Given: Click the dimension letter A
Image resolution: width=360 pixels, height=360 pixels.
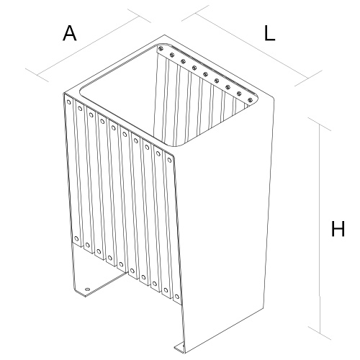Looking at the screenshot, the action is pyautogui.click(x=70, y=33).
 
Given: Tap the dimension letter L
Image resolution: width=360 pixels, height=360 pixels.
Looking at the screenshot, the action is pyautogui.click(x=269, y=33).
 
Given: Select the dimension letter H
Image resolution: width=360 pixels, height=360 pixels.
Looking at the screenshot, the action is pyautogui.click(x=338, y=229).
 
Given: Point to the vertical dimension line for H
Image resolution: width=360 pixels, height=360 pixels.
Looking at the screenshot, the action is pyautogui.click(x=320, y=229).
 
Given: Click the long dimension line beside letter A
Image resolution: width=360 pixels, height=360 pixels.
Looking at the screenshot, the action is pyautogui.click(x=89, y=45).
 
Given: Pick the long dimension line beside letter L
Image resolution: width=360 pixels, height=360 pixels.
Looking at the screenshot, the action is pyautogui.click(x=252, y=45).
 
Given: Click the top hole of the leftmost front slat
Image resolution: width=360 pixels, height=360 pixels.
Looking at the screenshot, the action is pyautogui.click(x=69, y=102).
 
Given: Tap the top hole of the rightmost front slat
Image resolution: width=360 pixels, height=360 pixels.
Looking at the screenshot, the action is pyautogui.click(x=169, y=160).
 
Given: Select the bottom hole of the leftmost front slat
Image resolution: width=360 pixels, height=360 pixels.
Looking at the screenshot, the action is pyautogui.click(x=76, y=238).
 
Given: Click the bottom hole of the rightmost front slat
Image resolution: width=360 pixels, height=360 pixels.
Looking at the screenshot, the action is pyautogui.click(x=176, y=297).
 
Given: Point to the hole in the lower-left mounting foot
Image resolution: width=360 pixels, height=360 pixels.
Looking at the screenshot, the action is pyautogui.click(x=87, y=289).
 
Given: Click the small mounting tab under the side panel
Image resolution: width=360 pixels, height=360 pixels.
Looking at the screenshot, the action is pyautogui.click(x=179, y=348).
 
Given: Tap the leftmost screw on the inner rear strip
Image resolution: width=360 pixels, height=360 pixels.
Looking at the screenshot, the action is pyautogui.click(x=161, y=49).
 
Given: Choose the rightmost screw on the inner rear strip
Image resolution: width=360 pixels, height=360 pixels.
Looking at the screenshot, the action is pyautogui.click(x=250, y=100).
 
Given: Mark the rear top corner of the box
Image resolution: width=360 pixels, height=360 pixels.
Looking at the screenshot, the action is pyautogui.click(x=164, y=35).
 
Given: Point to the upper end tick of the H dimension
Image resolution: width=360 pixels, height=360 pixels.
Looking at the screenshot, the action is pyautogui.click(x=320, y=125).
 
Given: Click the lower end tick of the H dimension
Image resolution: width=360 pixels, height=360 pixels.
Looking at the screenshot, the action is pyautogui.click(x=320, y=333).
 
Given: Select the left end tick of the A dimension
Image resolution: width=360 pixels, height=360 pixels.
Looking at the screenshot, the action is pyautogui.click(x=37, y=75).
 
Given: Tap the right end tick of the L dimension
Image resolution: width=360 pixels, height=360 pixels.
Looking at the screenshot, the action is pyautogui.click(x=309, y=78).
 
